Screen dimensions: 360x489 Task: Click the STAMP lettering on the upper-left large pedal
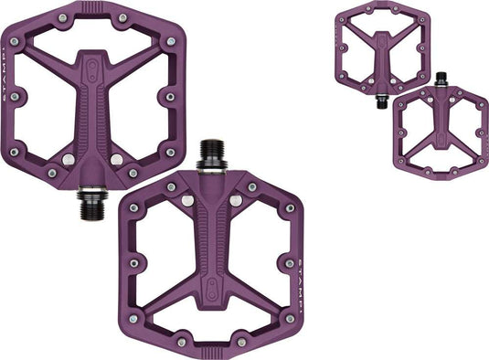pos(10,95)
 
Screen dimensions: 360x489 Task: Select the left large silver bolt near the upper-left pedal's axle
pos(66,160)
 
